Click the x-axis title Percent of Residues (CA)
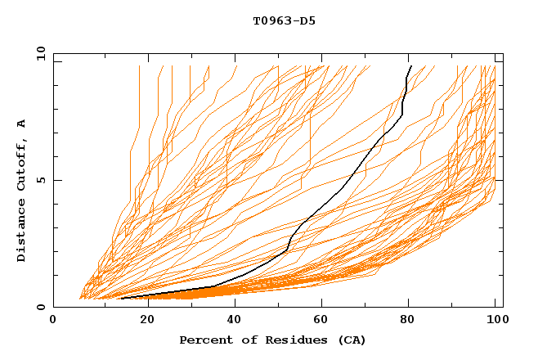(x=272, y=340)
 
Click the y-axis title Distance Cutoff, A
(x=22, y=190)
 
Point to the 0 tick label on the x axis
(x=54, y=321)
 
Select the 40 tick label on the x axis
(x=235, y=321)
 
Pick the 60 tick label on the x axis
(x=322, y=321)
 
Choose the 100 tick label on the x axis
(x=495, y=321)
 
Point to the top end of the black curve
(x=410, y=66)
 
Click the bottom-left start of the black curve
(x=121, y=299)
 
